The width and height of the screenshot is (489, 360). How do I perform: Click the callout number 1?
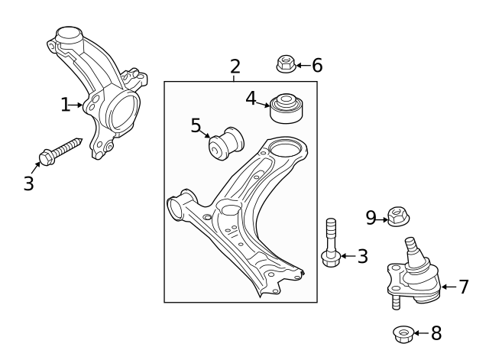tap(65, 105)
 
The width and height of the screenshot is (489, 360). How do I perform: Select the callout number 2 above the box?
tap(235, 66)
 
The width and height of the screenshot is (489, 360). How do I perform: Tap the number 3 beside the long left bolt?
tap(28, 184)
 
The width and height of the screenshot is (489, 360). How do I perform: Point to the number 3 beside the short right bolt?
tap(362, 256)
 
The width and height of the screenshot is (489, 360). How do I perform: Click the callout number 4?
tap(251, 98)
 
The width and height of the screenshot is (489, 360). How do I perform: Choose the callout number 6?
tap(316, 66)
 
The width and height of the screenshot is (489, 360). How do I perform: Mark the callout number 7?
tap(463, 287)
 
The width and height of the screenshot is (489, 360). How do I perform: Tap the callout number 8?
tap(436, 333)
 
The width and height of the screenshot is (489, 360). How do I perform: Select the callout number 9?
tap(371, 219)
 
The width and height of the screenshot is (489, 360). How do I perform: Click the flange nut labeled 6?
tap(286, 65)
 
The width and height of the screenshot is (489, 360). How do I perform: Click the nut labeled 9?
tap(396, 218)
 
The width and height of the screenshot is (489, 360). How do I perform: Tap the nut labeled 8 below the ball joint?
tap(402, 334)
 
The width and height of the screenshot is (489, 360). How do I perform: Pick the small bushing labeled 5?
tap(226, 143)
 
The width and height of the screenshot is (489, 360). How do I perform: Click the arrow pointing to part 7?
tap(449, 287)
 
